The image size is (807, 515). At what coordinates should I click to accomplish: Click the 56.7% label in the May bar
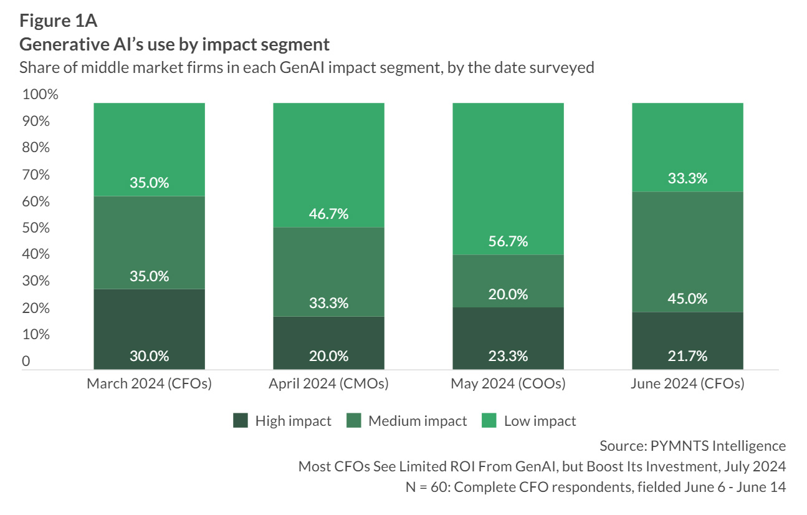pos(508,241)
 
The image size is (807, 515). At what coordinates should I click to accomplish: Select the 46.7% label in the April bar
pos(328,214)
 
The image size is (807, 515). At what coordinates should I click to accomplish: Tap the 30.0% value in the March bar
pos(149,356)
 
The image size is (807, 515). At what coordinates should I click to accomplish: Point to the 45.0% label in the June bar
pos(687,299)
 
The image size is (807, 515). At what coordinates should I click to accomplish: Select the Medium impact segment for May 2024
pos(508,281)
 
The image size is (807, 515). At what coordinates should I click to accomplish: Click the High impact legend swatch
pos(241,421)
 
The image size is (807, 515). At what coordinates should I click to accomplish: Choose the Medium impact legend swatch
pos(354,421)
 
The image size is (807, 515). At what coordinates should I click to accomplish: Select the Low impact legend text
pos(540,421)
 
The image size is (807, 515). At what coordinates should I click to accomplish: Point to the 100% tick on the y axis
pos(40,95)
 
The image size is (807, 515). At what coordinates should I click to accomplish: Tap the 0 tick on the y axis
pos(26,361)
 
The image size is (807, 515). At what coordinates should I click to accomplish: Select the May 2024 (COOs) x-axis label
pos(508,383)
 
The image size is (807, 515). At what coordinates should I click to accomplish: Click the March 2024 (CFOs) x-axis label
pos(149,383)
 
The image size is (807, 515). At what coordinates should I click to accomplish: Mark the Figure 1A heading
pos(58,21)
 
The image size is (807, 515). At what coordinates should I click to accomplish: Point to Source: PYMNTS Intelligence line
pos(692,446)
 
